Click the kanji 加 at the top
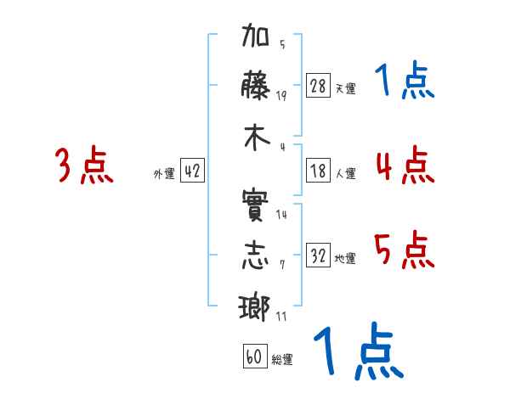[x=256, y=35]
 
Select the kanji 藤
[x=255, y=85]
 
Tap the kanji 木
[x=257, y=138]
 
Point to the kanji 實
[x=255, y=205]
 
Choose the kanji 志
[x=256, y=256]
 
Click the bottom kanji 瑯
[x=254, y=307]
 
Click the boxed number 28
[x=318, y=86]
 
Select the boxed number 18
[x=318, y=171]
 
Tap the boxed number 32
[x=318, y=255]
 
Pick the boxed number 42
[x=192, y=171]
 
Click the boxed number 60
[x=255, y=357]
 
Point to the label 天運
[x=346, y=88]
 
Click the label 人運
[x=346, y=173]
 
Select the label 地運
[x=345, y=258]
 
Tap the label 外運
[x=164, y=173]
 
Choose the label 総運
[x=282, y=359]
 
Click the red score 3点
[x=84, y=165]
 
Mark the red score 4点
[x=405, y=165]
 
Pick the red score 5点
[x=405, y=250]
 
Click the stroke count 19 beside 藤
[x=281, y=95]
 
